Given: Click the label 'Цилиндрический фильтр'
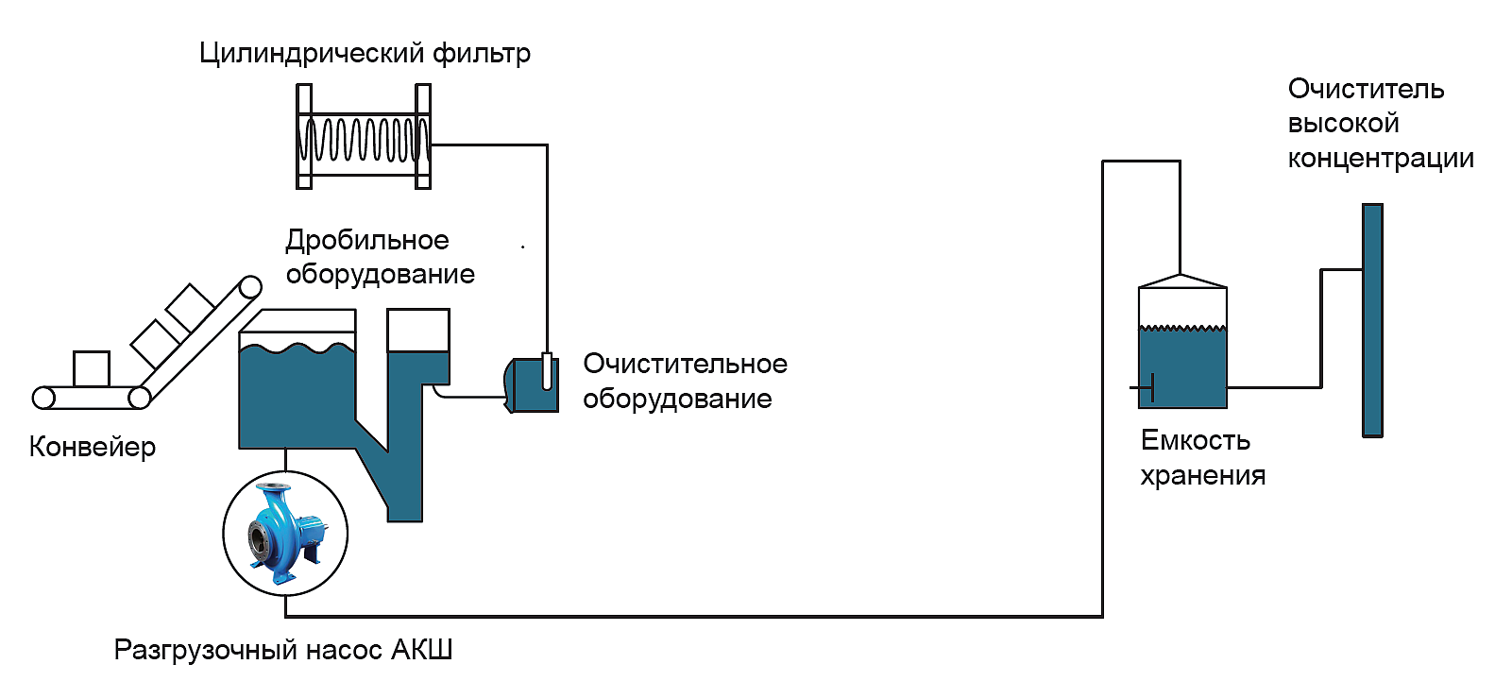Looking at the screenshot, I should pos(365,53).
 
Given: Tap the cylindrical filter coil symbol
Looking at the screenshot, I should pos(364,138).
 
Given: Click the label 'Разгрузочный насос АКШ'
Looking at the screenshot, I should pos(283,650).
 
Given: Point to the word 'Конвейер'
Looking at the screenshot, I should pos(93,447).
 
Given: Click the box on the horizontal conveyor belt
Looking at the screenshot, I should pos(92,368).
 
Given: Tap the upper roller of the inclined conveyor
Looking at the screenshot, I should pos(250,286).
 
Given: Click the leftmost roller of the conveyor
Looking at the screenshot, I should pos(43,398).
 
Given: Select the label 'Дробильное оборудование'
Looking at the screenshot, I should pos(380,257).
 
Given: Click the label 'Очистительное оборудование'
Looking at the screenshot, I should pos(685,382).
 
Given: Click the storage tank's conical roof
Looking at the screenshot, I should pos(1182,281).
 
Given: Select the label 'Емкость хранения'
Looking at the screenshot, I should pos(1202,457).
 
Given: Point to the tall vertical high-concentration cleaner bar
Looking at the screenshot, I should pos(1372,320).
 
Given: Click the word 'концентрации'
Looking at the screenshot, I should pos(1381,159).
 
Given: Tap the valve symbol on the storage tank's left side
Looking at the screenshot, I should pos(1145,387).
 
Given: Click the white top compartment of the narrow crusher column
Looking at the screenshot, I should pos(418,330).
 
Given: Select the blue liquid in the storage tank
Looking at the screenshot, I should pos(1182,368).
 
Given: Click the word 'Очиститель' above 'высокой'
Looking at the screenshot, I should pos(1366,89).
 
